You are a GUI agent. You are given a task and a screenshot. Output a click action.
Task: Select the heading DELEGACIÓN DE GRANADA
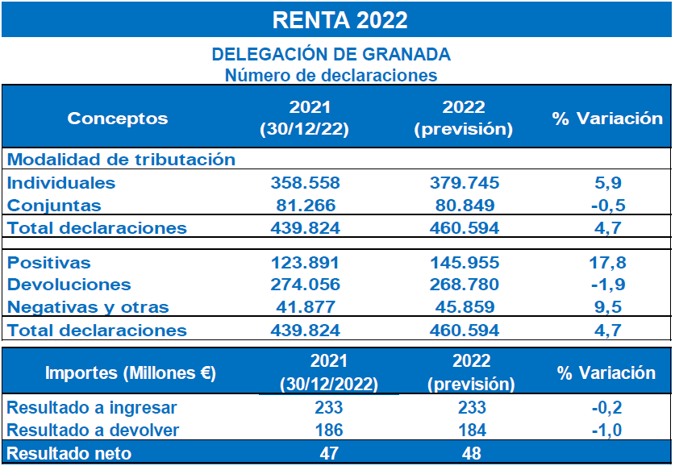tap(331, 55)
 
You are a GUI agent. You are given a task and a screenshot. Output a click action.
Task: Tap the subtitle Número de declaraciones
tap(331, 76)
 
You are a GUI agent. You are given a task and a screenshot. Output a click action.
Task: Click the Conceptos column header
tap(118, 119)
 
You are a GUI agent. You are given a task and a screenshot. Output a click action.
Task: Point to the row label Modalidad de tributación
tap(121, 160)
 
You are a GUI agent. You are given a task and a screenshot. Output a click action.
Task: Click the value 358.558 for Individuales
tap(304, 183)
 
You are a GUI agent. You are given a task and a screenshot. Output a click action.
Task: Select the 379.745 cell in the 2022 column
tap(463, 183)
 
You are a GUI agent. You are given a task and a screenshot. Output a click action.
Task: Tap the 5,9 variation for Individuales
tap(606, 183)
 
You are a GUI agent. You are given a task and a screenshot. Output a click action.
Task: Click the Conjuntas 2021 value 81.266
tap(304, 206)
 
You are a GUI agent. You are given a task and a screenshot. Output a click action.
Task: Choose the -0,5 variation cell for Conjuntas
tap(606, 206)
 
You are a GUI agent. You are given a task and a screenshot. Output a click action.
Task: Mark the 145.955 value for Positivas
tap(463, 263)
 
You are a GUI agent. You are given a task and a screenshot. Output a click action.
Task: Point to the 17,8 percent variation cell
tap(606, 263)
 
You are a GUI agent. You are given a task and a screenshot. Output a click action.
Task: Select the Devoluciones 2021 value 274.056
tap(304, 285)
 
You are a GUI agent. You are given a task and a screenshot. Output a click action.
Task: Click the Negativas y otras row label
tap(88, 307)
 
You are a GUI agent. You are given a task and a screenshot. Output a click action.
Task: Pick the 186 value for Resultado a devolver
tap(329, 431)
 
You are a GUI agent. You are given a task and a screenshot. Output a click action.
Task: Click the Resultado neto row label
tap(69, 454)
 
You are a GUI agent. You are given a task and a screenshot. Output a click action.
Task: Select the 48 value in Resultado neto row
tap(472, 454)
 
